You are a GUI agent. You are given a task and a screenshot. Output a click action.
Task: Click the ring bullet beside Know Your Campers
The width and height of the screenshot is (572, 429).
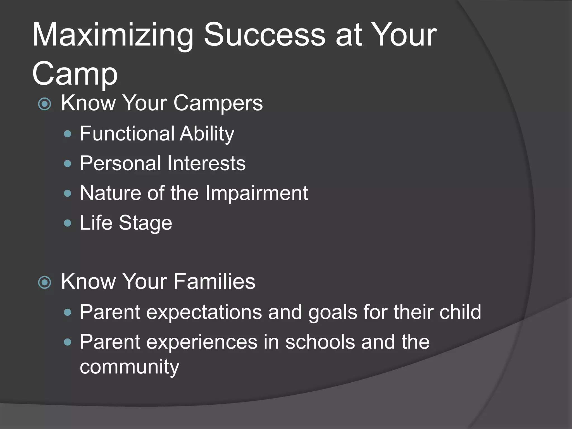(45, 104)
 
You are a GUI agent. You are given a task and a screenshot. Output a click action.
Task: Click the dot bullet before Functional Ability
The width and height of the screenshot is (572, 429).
(68, 134)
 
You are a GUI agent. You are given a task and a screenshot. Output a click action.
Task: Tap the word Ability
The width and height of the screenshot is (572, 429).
(207, 134)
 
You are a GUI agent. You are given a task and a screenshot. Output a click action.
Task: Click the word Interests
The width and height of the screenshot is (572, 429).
(207, 163)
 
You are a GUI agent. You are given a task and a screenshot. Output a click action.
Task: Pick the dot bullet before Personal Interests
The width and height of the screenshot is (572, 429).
(68, 164)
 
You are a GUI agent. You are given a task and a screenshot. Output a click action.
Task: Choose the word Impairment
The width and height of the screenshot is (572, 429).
(256, 193)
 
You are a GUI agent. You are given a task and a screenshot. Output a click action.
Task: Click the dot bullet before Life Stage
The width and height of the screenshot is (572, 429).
(68, 223)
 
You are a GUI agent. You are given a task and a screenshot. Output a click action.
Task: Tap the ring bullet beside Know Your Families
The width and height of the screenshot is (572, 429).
(45, 282)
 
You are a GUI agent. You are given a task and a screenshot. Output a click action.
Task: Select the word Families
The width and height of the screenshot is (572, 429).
(214, 281)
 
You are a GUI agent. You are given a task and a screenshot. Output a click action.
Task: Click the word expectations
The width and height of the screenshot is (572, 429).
(204, 312)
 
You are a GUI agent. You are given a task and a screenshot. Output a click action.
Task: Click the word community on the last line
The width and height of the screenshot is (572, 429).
(129, 367)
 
